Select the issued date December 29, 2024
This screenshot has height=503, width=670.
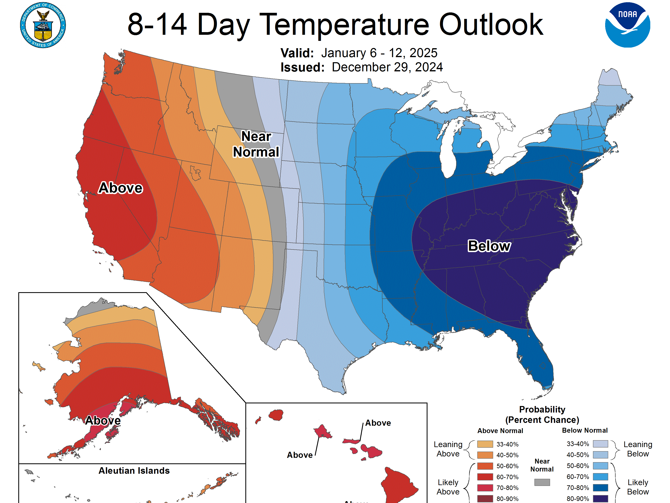coord(387,67)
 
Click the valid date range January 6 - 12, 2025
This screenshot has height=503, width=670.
coord(379,53)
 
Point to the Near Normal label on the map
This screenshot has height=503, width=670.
coord(256,144)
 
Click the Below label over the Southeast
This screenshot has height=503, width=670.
coord(489,246)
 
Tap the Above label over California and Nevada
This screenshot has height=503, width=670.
coord(121,188)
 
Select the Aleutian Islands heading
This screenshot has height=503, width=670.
coord(134,471)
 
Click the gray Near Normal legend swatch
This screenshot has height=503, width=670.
coord(542,482)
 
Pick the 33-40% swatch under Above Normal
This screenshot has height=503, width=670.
coord(485,444)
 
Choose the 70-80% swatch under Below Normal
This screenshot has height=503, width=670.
coord(600,488)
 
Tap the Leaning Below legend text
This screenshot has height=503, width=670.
coord(638,449)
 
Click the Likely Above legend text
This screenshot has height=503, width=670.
coord(448,487)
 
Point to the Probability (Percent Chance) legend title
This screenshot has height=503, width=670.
coord(542,415)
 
